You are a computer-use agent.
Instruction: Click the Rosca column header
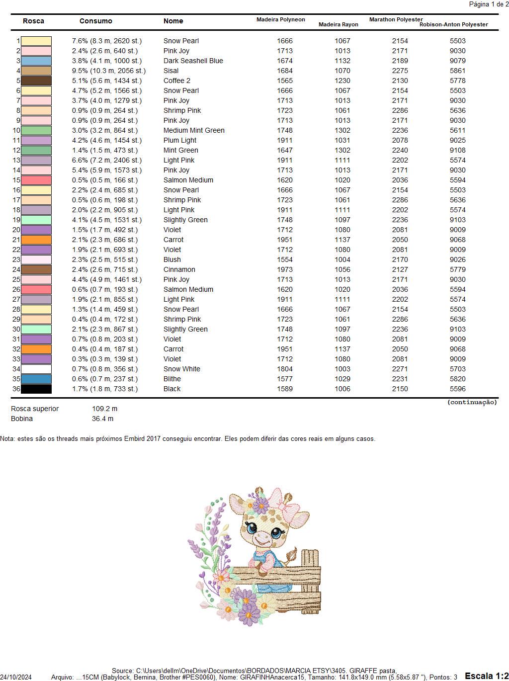[x=33, y=21]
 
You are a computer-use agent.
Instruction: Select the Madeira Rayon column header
[x=338, y=24]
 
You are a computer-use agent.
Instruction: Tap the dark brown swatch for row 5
[x=36, y=81]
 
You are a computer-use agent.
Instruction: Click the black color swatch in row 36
[x=36, y=389]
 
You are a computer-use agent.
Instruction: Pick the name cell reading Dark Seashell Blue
[x=193, y=61]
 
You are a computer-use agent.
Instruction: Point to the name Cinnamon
[x=179, y=269]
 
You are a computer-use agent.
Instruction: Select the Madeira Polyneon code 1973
[x=285, y=269]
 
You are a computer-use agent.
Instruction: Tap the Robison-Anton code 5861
[x=457, y=71]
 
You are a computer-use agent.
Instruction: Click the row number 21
[x=16, y=240]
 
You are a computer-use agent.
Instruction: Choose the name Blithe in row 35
[x=172, y=379]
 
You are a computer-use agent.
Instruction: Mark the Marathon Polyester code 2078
[x=400, y=140]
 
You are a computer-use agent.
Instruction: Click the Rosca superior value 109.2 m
[x=104, y=409]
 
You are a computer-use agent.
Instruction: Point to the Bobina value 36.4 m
[x=102, y=419]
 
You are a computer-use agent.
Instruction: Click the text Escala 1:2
[x=486, y=676]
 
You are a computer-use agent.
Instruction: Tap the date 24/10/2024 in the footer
[x=16, y=677]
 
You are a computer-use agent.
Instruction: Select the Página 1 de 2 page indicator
[x=489, y=4]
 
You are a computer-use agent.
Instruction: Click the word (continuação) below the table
[x=472, y=402]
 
